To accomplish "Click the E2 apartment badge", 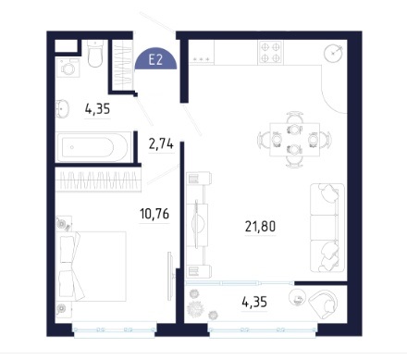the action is click(x=155, y=59).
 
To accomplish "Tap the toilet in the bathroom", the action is click(x=95, y=54).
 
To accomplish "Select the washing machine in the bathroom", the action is click(x=68, y=68).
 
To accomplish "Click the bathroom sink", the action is click(x=62, y=109).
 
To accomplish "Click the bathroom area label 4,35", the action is click(x=97, y=109).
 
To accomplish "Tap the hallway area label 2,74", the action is click(x=161, y=144).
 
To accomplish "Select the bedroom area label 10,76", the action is click(x=154, y=214).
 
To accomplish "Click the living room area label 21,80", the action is click(x=260, y=227).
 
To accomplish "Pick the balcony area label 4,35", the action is click(x=254, y=303).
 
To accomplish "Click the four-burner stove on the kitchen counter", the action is click(x=270, y=53).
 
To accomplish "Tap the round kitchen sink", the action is click(x=333, y=53).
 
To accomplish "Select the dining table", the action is click(x=294, y=140).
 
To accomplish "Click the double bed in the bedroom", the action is click(x=92, y=267).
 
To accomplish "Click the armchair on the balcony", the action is click(x=323, y=303).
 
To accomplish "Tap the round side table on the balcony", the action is click(x=297, y=298).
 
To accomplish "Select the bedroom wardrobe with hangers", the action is click(x=98, y=180).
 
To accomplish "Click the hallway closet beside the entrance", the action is click(x=123, y=65).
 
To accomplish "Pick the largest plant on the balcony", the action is click(x=194, y=308).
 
